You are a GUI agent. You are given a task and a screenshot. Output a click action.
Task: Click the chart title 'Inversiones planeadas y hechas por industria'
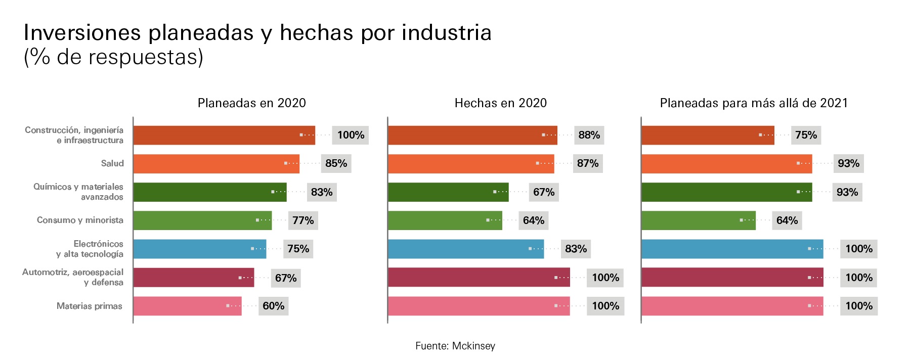257,33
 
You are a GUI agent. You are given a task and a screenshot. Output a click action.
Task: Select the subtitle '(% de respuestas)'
113,57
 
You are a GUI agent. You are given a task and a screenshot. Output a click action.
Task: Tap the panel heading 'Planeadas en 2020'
251,103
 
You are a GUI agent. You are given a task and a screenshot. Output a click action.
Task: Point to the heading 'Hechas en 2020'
500,103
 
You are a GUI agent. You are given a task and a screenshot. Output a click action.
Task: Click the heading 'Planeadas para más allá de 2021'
753,103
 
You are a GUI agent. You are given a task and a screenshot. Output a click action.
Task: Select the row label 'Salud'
112,163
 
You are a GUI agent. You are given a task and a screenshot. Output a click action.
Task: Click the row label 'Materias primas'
89,306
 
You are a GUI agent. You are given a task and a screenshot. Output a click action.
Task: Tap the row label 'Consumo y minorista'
80,220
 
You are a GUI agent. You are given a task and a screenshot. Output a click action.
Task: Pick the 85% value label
336,163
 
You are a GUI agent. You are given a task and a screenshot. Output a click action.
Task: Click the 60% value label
273,306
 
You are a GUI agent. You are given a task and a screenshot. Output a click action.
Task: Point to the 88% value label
589,135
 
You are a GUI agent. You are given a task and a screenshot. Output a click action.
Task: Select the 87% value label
587,163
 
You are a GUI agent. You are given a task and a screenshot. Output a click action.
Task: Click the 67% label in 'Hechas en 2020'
543,192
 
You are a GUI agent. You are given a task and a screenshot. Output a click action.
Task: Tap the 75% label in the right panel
805,135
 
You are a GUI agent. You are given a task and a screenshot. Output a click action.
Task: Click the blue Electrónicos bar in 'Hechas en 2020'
465,249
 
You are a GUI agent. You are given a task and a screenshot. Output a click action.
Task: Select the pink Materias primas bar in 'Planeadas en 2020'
187,306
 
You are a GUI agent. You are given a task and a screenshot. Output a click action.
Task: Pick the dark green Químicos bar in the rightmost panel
726,192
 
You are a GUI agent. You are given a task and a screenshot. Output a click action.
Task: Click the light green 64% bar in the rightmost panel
698,220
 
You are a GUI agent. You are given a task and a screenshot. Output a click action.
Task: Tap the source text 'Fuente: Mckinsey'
455,346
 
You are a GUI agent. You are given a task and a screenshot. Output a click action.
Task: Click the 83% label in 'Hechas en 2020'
576,249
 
